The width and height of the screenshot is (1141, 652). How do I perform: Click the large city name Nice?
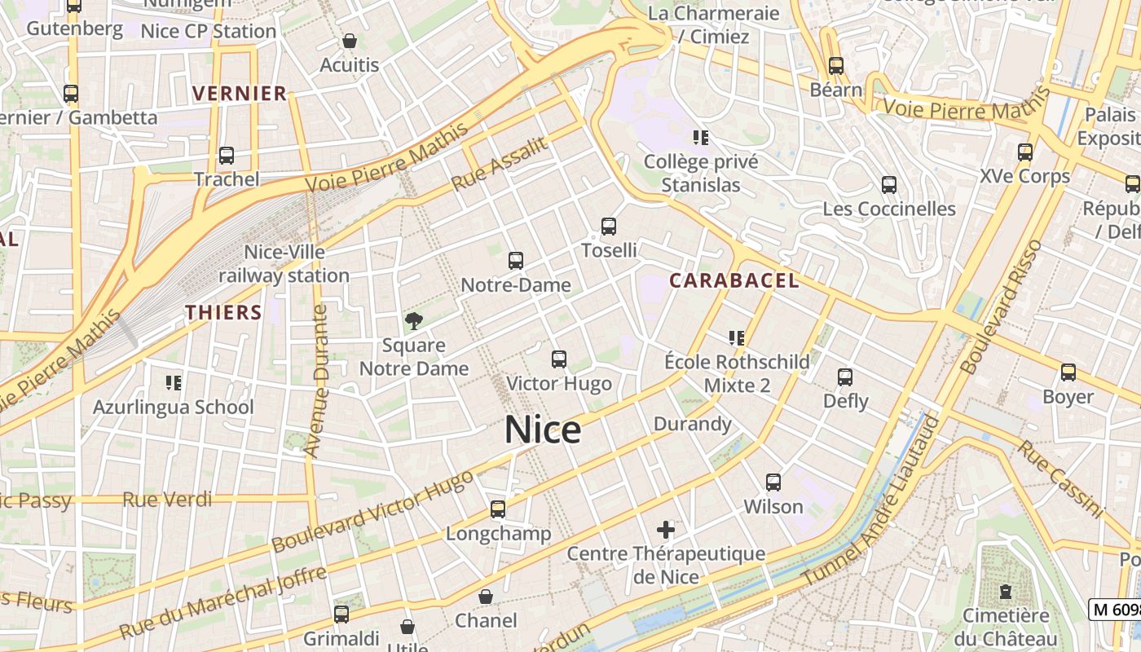(543, 430)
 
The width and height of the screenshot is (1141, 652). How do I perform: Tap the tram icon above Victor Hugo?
(559, 359)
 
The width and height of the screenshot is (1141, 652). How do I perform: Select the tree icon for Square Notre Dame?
(414, 320)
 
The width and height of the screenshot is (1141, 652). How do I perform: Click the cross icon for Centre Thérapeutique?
(666, 530)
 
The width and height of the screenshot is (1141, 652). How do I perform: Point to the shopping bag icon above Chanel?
(486, 597)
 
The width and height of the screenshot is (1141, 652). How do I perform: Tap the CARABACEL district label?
(733, 281)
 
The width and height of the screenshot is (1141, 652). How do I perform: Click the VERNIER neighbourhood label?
(240, 94)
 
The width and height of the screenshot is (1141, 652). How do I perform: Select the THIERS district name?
(223, 312)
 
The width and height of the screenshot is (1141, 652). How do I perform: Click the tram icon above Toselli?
(609, 227)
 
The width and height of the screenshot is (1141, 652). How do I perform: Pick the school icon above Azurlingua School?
(173, 381)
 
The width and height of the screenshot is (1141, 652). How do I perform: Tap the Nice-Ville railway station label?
(284, 264)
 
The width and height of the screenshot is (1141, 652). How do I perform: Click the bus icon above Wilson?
(773, 482)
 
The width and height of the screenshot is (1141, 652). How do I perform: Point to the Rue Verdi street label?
(167, 500)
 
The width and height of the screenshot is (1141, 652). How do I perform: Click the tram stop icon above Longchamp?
(498, 509)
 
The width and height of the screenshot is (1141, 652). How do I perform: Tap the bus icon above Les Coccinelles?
(889, 185)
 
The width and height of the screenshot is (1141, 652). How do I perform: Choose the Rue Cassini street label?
(1059, 479)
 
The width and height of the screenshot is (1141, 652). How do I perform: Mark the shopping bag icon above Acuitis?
(350, 41)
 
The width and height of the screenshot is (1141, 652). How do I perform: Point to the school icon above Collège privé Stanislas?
(701, 137)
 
